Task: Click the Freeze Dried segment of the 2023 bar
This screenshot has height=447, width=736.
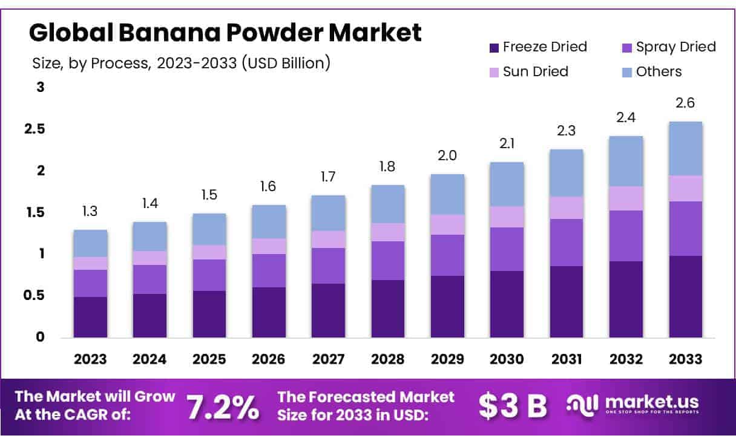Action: tap(90, 317)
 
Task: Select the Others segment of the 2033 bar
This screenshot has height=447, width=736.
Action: tap(686, 149)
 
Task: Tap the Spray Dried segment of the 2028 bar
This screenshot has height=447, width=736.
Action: tap(388, 261)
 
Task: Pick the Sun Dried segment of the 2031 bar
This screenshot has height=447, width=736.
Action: tap(567, 208)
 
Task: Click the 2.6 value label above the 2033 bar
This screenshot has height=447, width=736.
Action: tap(686, 103)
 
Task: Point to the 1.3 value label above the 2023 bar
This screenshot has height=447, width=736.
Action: tap(90, 212)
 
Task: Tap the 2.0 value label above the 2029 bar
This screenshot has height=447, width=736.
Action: tap(447, 155)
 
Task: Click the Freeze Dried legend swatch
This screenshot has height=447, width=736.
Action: tap(494, 47)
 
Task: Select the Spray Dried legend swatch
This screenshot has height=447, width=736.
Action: tap(627, 47)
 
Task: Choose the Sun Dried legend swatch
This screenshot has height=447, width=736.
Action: tap(494, 72)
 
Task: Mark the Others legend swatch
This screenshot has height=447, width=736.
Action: tap(627, 72)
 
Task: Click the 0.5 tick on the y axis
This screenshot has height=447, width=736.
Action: tap(34, 295)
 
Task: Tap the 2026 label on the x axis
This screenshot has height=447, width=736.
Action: tap(269, 359)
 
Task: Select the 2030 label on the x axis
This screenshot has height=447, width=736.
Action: tap(507, 359)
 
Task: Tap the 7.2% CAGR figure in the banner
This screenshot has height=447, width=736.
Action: tap(222, 407)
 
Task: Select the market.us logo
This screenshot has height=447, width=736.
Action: tap(632, 404)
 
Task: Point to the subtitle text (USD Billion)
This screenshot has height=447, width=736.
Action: tap(286, 63)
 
